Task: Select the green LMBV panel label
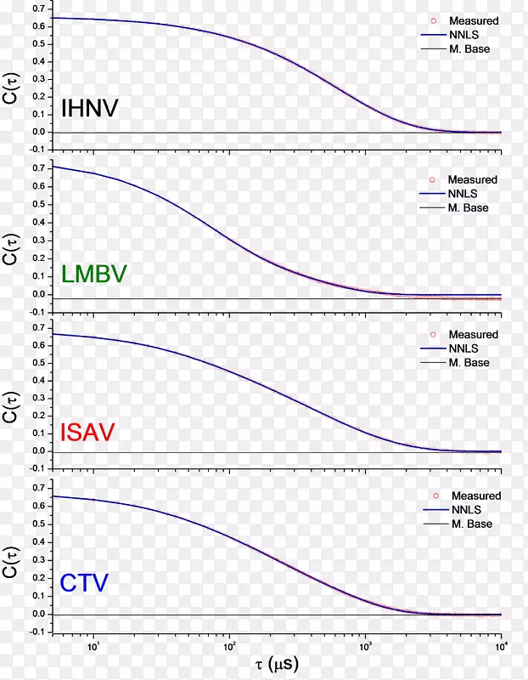point(94,274)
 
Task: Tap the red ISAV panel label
point(88,433)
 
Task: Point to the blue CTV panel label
point(85,583)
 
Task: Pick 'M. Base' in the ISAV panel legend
point(469,363)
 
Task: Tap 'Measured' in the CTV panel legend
point(476,496)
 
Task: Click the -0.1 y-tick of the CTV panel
point(37,632)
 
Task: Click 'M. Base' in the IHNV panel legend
point(470,49)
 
